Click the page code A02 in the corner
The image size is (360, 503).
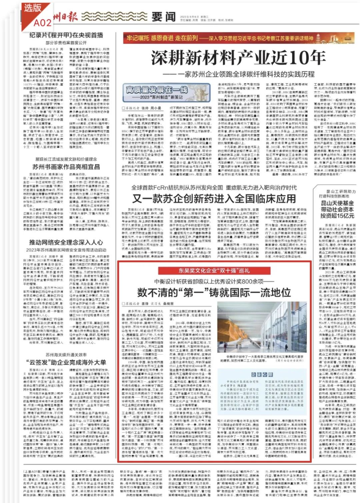click(x=42, y=22)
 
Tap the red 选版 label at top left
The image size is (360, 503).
click(x=32, y=8)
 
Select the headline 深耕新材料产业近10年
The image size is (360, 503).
click(x=238, y=58)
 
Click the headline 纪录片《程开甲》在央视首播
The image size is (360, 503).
click(x=66, y=35)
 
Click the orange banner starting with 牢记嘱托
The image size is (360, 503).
click(x=220, y=38)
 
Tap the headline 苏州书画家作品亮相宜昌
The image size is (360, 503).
click(x=66, y=167)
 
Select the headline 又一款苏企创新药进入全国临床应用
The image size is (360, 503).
click(x=214, y=199)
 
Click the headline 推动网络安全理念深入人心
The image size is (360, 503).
click(x=66, y=242)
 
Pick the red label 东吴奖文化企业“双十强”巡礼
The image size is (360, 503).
click(x=214, y=270)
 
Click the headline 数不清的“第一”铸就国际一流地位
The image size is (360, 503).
click(x=214, y=292)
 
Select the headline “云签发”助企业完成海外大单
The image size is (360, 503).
click(x=66, y=362)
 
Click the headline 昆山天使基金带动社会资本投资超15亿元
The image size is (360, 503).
click(x=337, y=209)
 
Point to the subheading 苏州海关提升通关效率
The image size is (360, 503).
click(x=66, y=355)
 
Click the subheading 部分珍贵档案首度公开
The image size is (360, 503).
click(x=66, y=43)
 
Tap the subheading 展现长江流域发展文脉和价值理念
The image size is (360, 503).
click(x=66, y=159)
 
